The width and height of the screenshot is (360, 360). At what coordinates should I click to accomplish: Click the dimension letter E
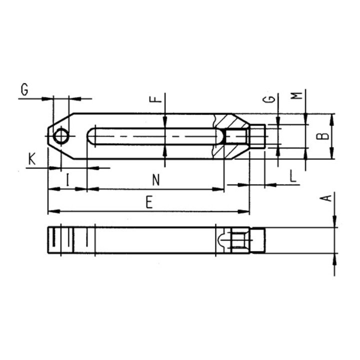click(x=149, y=203)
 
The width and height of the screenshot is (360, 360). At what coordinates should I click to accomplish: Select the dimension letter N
click(x=156, y=180)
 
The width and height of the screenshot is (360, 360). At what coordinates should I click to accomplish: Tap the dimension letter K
click(x=32, y=159)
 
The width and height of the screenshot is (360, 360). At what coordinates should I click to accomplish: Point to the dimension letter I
click(x=67, y=180)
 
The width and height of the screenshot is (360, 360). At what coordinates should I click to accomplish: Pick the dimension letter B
click(x=322, y=136)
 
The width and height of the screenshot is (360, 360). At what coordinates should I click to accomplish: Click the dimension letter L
click(x=292, y=176)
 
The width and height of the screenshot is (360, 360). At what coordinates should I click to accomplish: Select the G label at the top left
click(x=24, y=89)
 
